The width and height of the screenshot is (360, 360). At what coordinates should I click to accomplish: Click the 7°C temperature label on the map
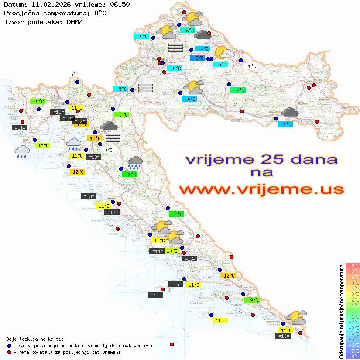238,90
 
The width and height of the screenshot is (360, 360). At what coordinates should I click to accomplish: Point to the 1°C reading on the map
252,66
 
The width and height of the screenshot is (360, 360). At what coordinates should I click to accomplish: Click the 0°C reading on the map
108,150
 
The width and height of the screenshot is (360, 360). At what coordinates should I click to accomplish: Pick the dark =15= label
175,285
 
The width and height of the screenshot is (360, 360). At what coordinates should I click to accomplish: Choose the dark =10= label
67,118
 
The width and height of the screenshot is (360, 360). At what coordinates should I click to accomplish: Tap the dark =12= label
79,121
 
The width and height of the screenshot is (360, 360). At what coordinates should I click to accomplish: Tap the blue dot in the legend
10,346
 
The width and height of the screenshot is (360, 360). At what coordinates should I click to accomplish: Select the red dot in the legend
10,352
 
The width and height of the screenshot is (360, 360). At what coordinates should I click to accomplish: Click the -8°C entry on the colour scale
352,356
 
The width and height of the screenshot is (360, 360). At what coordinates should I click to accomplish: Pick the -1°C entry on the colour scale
352,316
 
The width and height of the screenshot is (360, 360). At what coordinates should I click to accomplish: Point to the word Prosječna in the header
21,13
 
